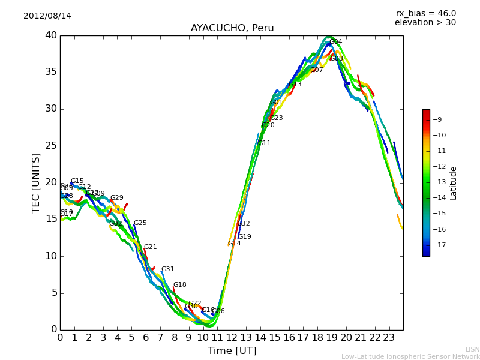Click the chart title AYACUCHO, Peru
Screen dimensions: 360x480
[x=232, y=28]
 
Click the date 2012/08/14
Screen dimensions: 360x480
[x=47, y=16]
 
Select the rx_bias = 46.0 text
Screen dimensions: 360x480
[x=425, y=13]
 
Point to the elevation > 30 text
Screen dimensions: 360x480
[x=425, y=23]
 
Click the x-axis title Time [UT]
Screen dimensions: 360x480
[x=232, y=350]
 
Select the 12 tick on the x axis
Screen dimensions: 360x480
[x=232, y=337]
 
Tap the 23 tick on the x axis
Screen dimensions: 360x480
[x=389, y=337]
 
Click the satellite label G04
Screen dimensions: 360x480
[x=336, y=42]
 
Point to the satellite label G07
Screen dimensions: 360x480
[x=317, y=70]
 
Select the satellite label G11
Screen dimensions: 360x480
[x=265, y=143]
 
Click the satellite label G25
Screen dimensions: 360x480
[x=140, y=223]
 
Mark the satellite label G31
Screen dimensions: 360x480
[x=168, y=269]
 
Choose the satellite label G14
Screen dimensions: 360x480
[x=235, y=244]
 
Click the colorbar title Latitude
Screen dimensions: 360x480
[x=454, y=182]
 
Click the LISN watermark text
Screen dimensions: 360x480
[x=472, y=349]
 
